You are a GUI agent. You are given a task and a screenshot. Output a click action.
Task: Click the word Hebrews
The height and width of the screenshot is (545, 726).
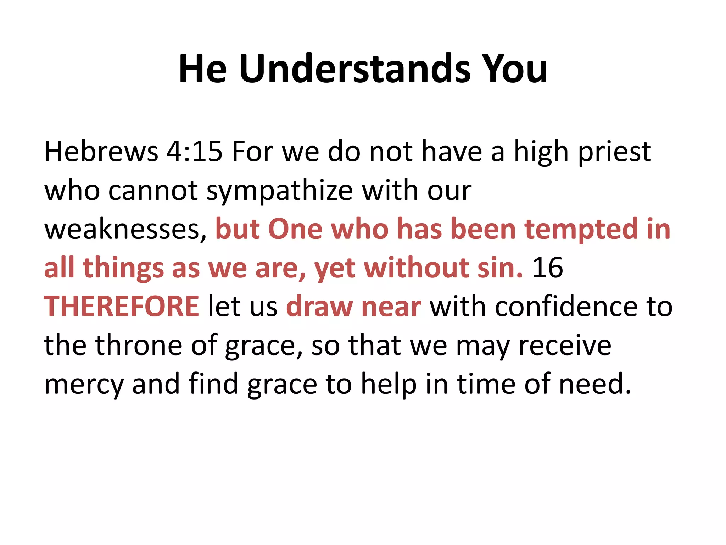(101, 152)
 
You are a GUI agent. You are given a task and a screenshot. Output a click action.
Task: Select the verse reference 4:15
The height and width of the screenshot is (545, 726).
(194, 152)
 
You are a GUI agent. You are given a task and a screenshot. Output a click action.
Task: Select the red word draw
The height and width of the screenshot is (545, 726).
(319, 307)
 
